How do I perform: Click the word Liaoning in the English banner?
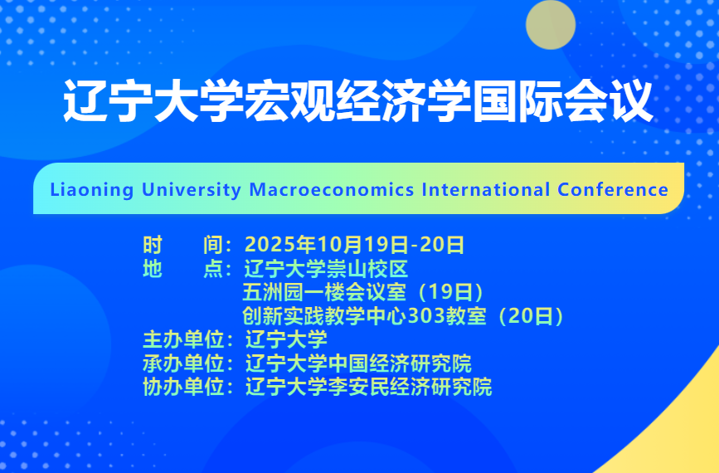[x=92, y=190]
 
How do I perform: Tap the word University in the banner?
[x=192, y=190]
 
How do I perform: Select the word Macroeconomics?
[x=332, y=189]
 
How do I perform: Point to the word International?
[x=486, y=189]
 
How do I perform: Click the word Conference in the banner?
[x=613, y=189]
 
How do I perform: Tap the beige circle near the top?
[x=551, y=25]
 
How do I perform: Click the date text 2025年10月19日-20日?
[x=354, y=245]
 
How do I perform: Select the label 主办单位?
[x=183, y=339]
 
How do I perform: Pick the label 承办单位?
[x=183, y=363]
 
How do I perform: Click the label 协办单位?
[x=183, y=387]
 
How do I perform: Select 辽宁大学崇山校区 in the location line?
[x=326, y=268]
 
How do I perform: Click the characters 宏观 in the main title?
[x=289, y=101]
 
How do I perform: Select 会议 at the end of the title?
[x=608, y=101]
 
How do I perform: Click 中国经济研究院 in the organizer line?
[x=400, y=363]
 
